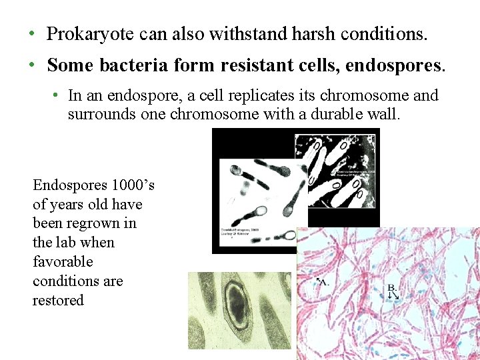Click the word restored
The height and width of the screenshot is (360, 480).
tap(58, 300)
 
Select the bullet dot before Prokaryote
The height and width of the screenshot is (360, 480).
tap(31, 34)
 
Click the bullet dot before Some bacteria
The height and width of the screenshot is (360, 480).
tap(31, 65)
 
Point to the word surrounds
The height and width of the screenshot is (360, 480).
tap(99, 114)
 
